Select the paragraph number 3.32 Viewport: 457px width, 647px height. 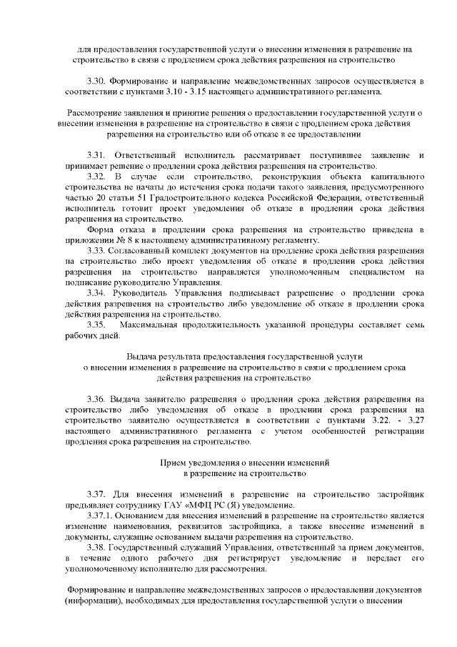point(96,176)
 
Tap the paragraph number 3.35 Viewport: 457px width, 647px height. point(96,325)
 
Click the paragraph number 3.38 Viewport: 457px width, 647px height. point(96,547)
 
